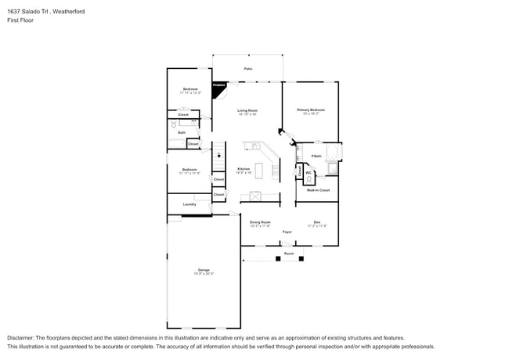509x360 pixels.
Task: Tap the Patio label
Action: [247, 69]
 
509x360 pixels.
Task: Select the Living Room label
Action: [247, 110]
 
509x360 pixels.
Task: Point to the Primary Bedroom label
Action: [310, 110]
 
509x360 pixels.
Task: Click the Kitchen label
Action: [244, 169]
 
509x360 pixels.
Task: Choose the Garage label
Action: [203, 271]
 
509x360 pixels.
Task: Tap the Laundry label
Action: [189, 204]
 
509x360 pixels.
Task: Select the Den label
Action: [316, 221]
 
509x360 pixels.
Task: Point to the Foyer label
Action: [287, 232]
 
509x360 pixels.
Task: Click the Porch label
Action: [288, 254]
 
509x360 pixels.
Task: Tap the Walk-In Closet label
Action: [317, 190]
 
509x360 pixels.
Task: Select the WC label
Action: [309, 173]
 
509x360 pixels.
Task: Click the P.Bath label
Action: [316, 157]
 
